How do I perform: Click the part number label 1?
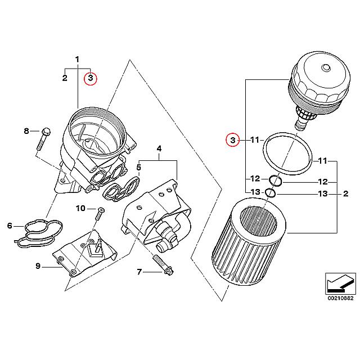click(78, 58)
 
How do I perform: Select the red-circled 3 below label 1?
click(90, 78)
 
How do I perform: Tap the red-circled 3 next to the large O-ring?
click(231, 139)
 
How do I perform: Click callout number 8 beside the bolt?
click(26, 131)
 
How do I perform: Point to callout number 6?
click(10, 226)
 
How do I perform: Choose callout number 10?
click(80, 208)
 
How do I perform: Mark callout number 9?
click(38, 266)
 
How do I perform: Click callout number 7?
click(139, 273)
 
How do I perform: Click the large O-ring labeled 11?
click(288, 153)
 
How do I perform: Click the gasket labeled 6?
click(38, 232)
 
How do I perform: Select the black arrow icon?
click(340, 281)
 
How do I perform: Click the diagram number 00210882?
click(340, 298)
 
